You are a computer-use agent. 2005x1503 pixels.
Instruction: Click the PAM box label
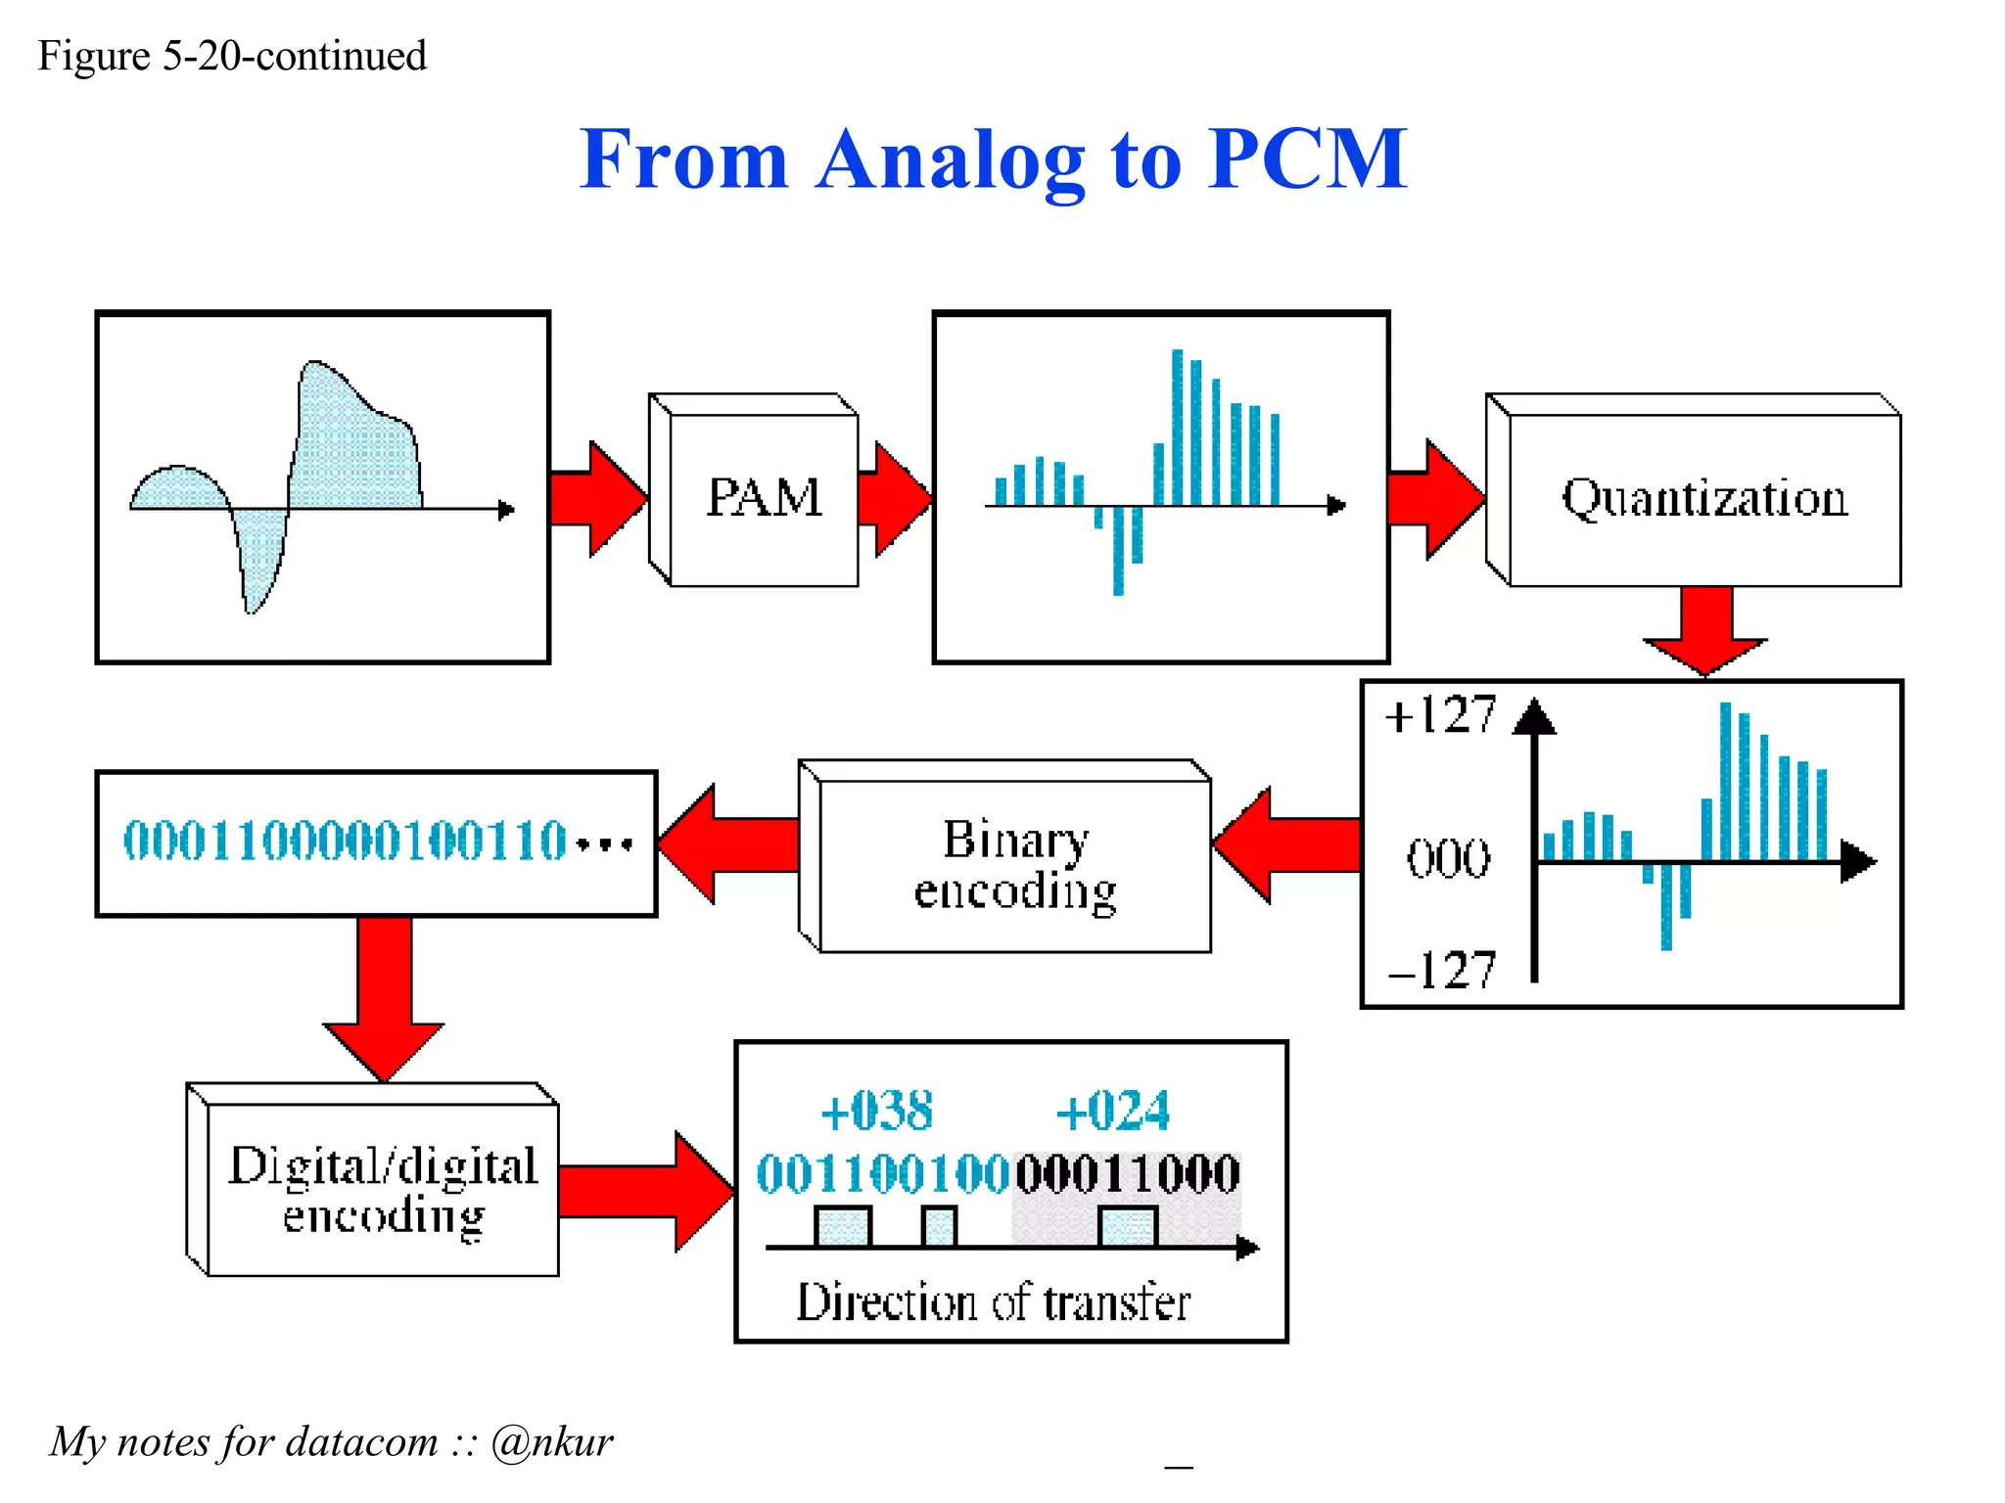(764, 497)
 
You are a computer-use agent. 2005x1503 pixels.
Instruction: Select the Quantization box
(1703, 499)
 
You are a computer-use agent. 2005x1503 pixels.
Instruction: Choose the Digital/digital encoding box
(383, 1190)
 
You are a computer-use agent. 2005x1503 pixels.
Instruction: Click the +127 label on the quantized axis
(1440, 714)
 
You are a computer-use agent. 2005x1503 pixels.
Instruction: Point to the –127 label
(1442, 970)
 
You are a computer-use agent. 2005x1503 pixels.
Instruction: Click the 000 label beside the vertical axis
(1448, 859)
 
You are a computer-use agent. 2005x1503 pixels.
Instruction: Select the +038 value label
(877, 1111)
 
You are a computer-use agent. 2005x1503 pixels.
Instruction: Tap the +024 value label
(1113, 1111)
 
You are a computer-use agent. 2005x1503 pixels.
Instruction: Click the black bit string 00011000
(1128, 1173)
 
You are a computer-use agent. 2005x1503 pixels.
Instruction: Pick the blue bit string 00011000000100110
(345, 842)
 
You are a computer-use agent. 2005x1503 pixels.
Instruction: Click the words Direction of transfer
(993, 1302)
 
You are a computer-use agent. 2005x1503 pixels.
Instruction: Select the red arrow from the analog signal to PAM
(597, 498)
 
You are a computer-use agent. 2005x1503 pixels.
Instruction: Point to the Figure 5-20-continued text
(232, 56)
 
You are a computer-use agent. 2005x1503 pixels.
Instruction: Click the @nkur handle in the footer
(552, 1441)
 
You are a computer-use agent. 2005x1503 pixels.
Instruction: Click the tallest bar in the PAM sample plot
(1177, 427)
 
